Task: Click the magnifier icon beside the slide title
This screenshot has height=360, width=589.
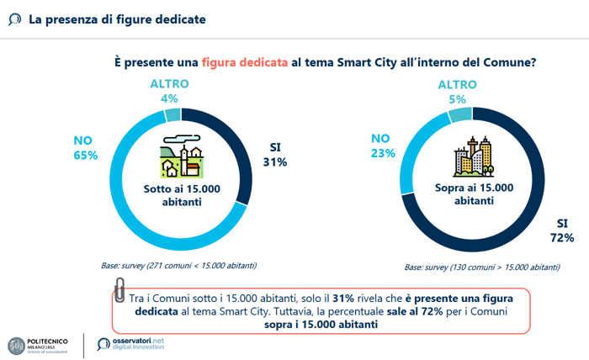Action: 14,19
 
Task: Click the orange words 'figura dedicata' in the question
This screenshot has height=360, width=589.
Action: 245,62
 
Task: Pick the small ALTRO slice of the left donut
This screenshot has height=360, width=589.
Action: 173,115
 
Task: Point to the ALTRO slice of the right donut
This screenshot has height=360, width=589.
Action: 460,114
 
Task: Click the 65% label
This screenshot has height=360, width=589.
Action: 86,156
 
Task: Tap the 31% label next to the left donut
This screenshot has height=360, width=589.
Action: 275,162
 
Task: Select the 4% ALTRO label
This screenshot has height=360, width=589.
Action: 169,98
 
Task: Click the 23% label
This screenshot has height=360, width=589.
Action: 383,154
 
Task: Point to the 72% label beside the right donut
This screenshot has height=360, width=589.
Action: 562,238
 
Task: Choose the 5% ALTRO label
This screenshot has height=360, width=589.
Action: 457,99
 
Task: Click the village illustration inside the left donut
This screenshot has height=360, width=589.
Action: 182,156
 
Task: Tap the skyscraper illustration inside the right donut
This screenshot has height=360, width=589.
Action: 473,156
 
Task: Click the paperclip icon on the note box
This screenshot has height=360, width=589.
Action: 119,290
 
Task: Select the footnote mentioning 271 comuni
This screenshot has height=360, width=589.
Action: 178,266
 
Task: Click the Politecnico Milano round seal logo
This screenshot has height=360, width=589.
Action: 16,346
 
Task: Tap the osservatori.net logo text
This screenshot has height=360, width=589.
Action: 138,343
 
